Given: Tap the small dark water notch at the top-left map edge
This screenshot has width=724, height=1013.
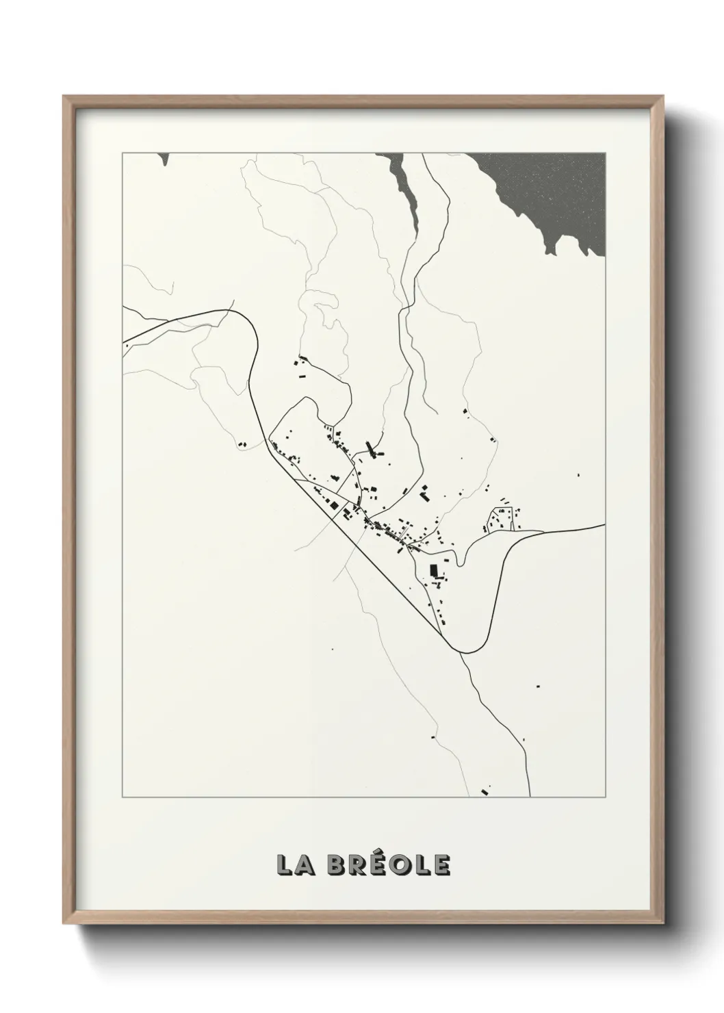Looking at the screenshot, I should [x=164, y=159].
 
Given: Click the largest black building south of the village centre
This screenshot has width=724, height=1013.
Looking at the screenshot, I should [x=433, y=569].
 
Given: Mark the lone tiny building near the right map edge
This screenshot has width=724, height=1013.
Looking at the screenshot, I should [x=578, y=474].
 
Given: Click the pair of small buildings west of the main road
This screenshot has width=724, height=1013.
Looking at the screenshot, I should [x=241, y=445].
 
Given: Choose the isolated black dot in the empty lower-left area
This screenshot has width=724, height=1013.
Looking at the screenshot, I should [x=332, y=649].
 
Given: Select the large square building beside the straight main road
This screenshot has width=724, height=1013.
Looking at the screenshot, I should [x=335, y=505].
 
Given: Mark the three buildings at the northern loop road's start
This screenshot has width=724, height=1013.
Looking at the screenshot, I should [x=299, y=366].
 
